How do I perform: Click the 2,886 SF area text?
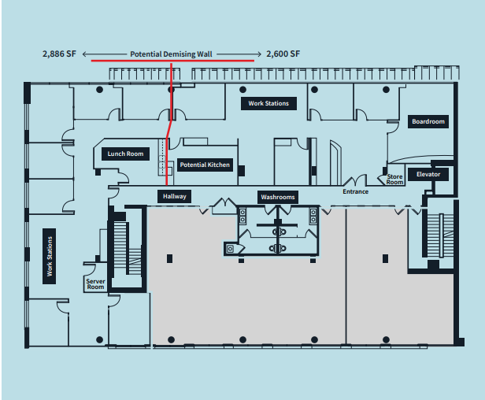click(x=60, y=54)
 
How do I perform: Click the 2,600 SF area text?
click(x=283, y=54)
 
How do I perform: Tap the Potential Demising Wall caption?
click(x=171, y=54)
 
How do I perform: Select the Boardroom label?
click(x=428, y=121)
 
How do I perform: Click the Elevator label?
click(x=428, y=174)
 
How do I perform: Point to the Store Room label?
click(x=394, y=180)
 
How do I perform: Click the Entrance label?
click(x=355, y=191)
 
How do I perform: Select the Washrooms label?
click(x=278, y=196)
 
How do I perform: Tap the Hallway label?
click(x=174, y=196)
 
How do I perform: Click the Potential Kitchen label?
click(x=205, y=165)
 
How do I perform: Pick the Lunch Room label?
click(x=126, y=154)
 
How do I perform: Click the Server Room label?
click(x=95, y=283)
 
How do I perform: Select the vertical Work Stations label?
click(x=49, y=258)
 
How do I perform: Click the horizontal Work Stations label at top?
click(x=268, y=103)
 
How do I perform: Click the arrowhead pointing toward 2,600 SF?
click(x=257, y=54)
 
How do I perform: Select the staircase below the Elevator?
click(x=433, y=235)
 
